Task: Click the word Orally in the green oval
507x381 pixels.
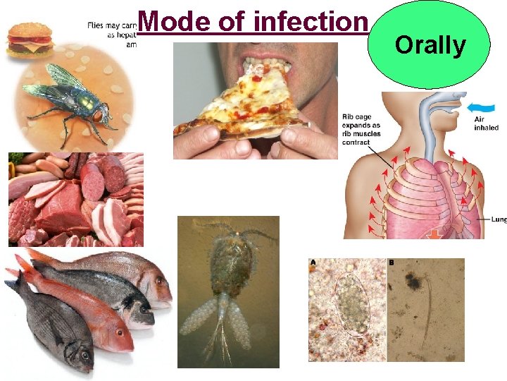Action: click(x=430, y=45)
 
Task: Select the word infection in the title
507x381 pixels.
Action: click(x=311, y=21)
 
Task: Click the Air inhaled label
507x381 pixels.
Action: click(x=487, y=124)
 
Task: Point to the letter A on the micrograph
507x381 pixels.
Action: click(x=313, y=263)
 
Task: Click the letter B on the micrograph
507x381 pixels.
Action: click(x=392, y=263)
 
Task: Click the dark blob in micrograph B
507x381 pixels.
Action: click(x=414, y=282)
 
